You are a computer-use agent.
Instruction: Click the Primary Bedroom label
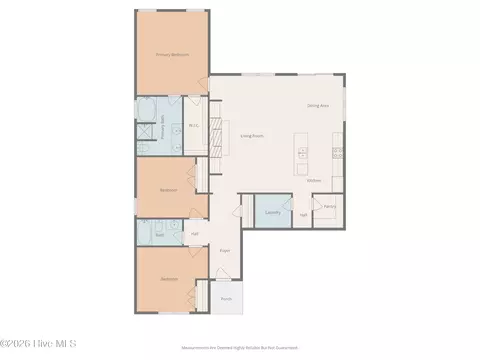click(x=172, y=55)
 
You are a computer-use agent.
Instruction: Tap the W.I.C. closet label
click(x=195, y=126)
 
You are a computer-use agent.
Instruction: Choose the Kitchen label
click(x=313, y=181)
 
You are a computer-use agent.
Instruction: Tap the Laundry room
click(x=272, y=212)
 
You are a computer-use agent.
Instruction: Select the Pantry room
click(x=329, y=206)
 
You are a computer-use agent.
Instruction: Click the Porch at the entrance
click(x=227, y=298)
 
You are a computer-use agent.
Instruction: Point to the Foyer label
click(x=225, y=250)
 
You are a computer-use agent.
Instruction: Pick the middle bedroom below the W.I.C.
click(x=168, y=189)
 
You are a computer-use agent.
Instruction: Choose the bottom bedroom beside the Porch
click(x=168, y=280)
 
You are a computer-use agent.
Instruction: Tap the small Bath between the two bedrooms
click(x=160, y=231)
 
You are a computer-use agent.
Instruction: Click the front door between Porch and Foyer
click(x=226, y=281)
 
